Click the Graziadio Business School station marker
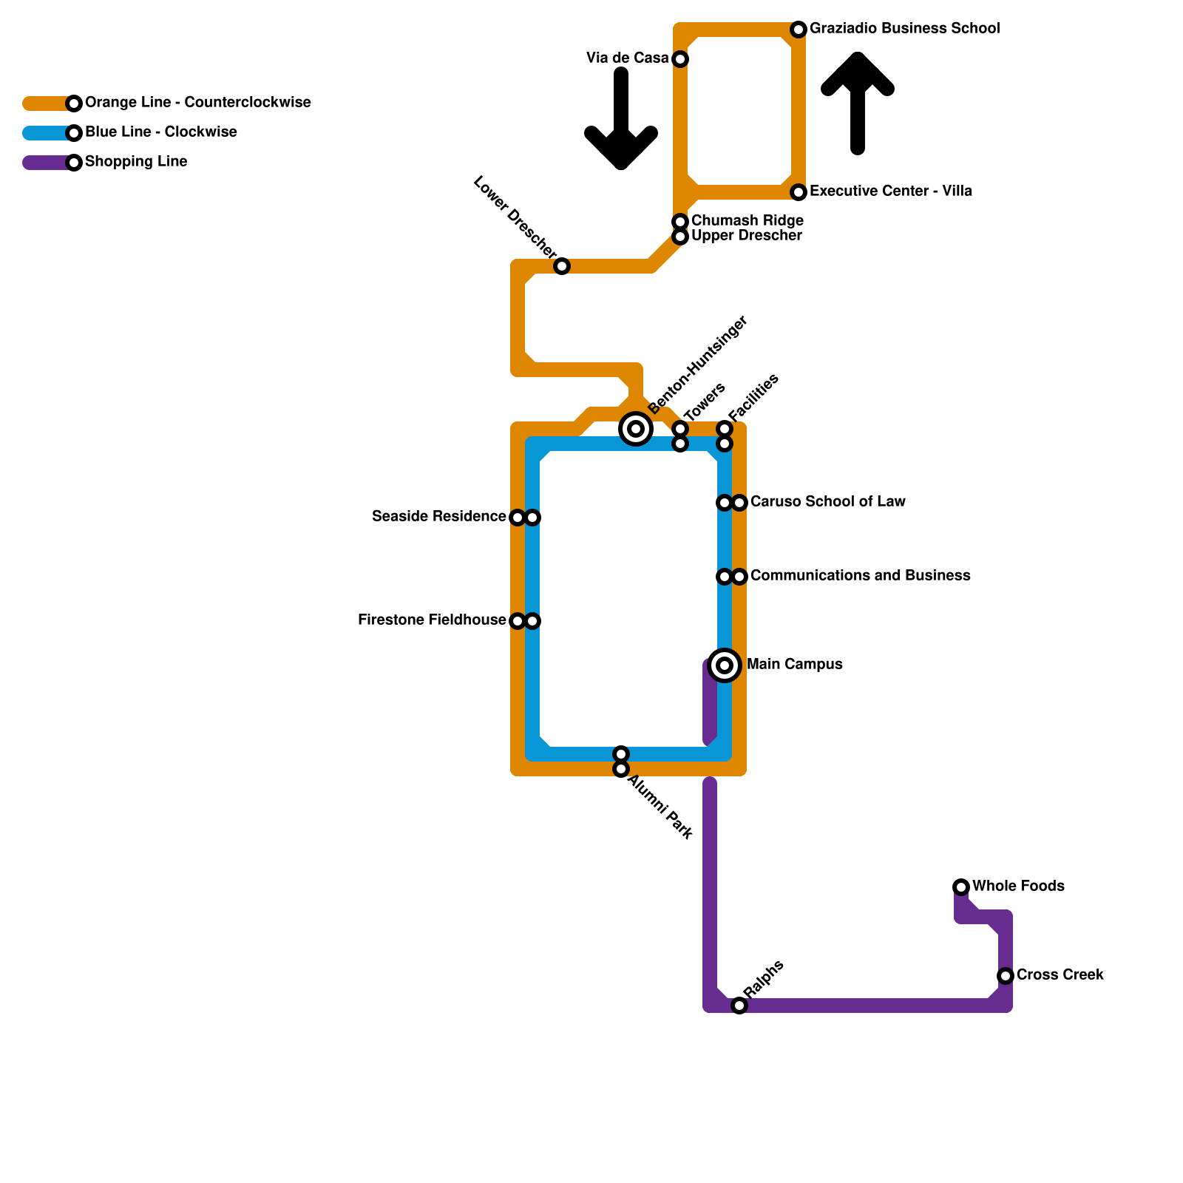click(799, 30)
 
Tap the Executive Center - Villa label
click(890, 191)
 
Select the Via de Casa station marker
click(680, 59)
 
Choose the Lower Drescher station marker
click(562, 266)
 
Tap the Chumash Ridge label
click(747, 221)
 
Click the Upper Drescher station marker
click(680, 237)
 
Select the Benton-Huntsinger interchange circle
click(636, 429)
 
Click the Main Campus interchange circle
click(725, 665)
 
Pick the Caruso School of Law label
click(827, 502)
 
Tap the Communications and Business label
click(860, 576)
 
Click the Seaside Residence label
click(438, 517)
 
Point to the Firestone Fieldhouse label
click(431, 620)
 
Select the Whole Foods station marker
click(961, 887)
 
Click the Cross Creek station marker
click(1006, 976)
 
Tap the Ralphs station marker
click(739, 1006)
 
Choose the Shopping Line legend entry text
click(136, 162)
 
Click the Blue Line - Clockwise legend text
click(160, 132)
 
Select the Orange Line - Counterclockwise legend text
click(197, 103)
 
